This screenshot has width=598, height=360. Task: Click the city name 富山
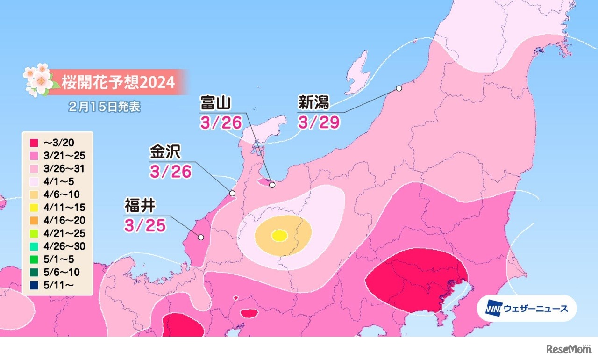[216, 103]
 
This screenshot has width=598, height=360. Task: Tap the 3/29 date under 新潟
[319, 122]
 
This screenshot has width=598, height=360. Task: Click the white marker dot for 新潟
[399, 88]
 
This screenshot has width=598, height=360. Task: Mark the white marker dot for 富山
[272, 185]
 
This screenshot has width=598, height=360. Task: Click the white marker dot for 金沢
[232, 193]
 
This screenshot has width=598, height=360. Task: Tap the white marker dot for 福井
[200, 238]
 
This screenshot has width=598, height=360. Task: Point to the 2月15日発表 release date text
[104, 107]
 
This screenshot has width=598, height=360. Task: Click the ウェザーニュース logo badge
[527, 308]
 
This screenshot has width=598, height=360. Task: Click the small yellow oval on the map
[279, 236]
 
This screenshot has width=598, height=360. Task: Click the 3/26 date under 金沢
[171, 172]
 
